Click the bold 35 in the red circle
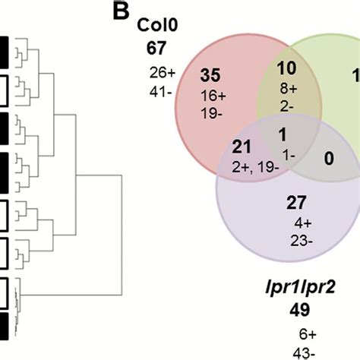[210, 77]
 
